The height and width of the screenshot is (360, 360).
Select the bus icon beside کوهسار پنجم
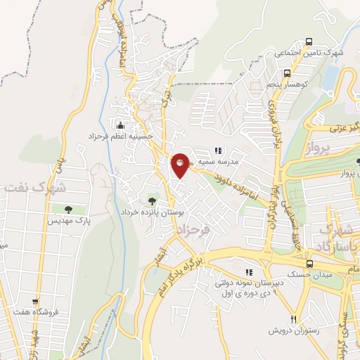point(287,73)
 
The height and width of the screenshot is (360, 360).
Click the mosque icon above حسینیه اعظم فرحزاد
point(121,124)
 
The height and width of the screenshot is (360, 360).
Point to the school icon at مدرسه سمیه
point(218,150)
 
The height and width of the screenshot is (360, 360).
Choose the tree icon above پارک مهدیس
point(68,210)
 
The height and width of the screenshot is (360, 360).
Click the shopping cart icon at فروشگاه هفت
point(34,301)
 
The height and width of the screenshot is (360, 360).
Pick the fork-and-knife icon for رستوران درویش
point(295,318)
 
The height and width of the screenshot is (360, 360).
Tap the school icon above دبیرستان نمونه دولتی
point(247,271)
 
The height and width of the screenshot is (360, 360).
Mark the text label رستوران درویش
point(293,330)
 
